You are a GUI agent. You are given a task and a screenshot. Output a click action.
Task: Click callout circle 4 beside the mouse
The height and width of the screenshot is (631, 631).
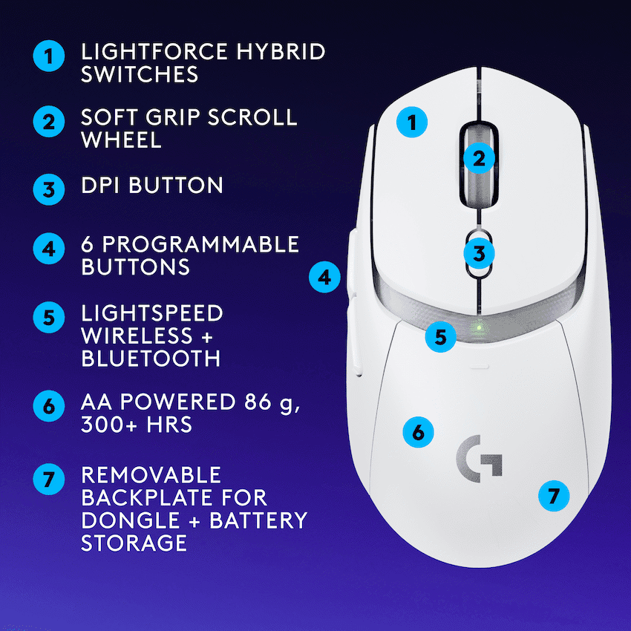tap(324, 278)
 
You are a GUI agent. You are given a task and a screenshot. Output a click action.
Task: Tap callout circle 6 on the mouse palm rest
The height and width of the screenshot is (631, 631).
tap(418, 431)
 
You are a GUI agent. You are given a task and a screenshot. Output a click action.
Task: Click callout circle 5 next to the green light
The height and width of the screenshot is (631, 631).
tap(441, 336)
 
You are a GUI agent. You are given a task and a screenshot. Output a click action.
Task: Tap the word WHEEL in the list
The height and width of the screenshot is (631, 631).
tap(121, 140)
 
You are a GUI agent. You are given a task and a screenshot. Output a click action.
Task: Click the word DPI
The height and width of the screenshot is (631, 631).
tap(102, 185)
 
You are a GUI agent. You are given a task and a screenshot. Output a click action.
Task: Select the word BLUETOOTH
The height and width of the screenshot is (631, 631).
tap(150, 358)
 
